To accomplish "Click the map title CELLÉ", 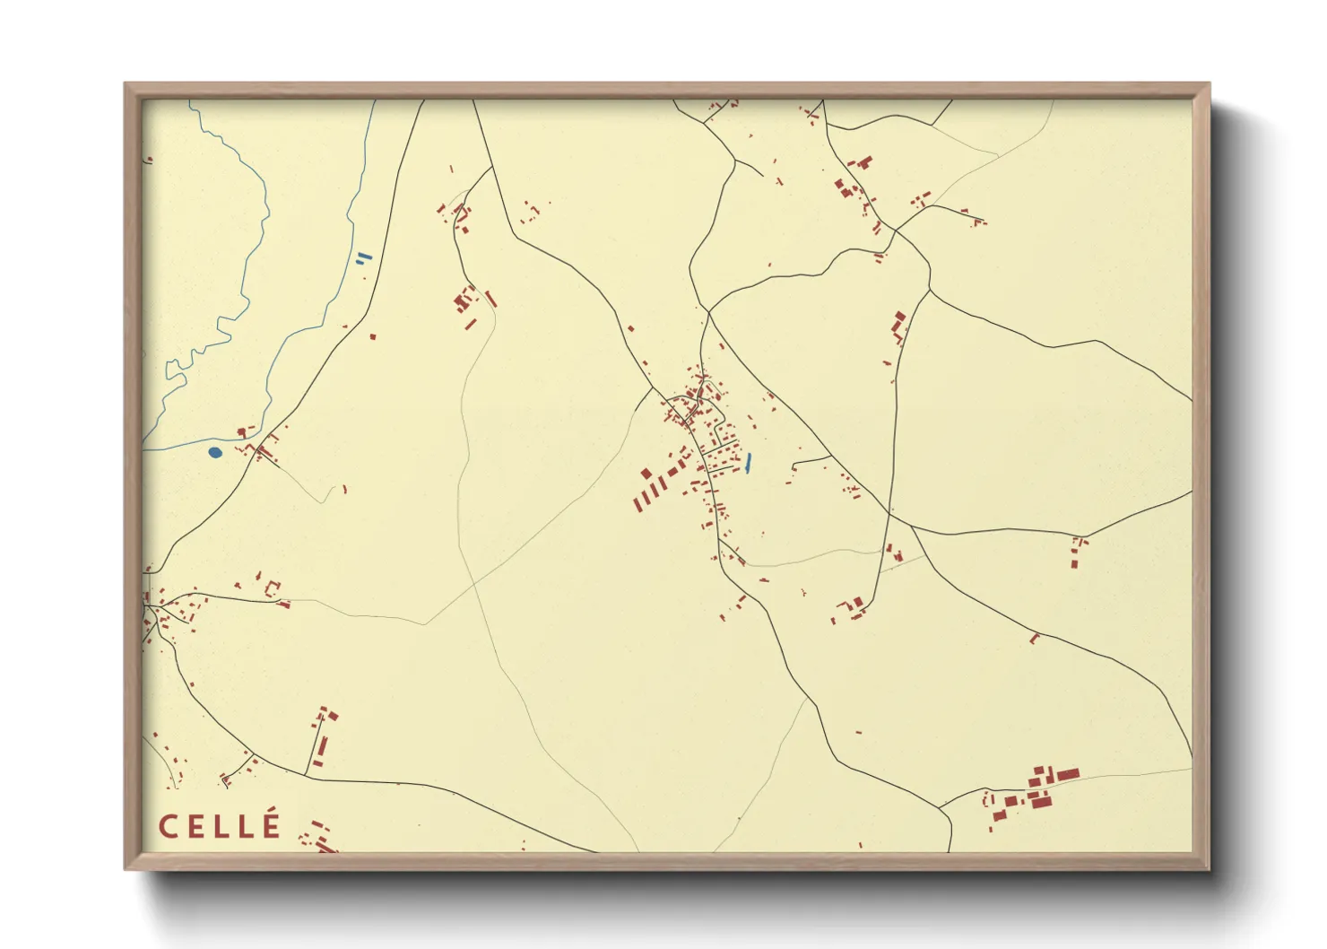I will [220, 826].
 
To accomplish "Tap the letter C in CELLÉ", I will [168, 826].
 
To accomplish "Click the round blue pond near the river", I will [214, 452].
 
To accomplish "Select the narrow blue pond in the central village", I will [748, 463].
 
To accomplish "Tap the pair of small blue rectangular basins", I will [363, 257].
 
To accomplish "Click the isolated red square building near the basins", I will [373, 336].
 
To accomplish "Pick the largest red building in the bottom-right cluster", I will [1068, 774].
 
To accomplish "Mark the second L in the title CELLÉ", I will [245, 826].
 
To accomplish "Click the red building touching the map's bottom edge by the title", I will [324, 847].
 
